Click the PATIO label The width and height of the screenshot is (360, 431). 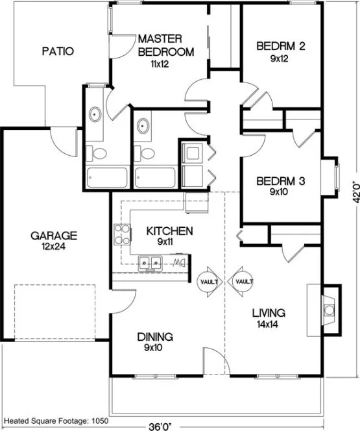pos(58,51)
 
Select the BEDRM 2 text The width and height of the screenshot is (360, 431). pos(281,46)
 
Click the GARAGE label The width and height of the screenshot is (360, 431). pos(54,235)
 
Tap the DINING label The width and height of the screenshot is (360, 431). pos(155,337)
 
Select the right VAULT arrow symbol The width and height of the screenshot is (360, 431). pos(241,282)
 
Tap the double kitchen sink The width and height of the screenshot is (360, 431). pos(151,263)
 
